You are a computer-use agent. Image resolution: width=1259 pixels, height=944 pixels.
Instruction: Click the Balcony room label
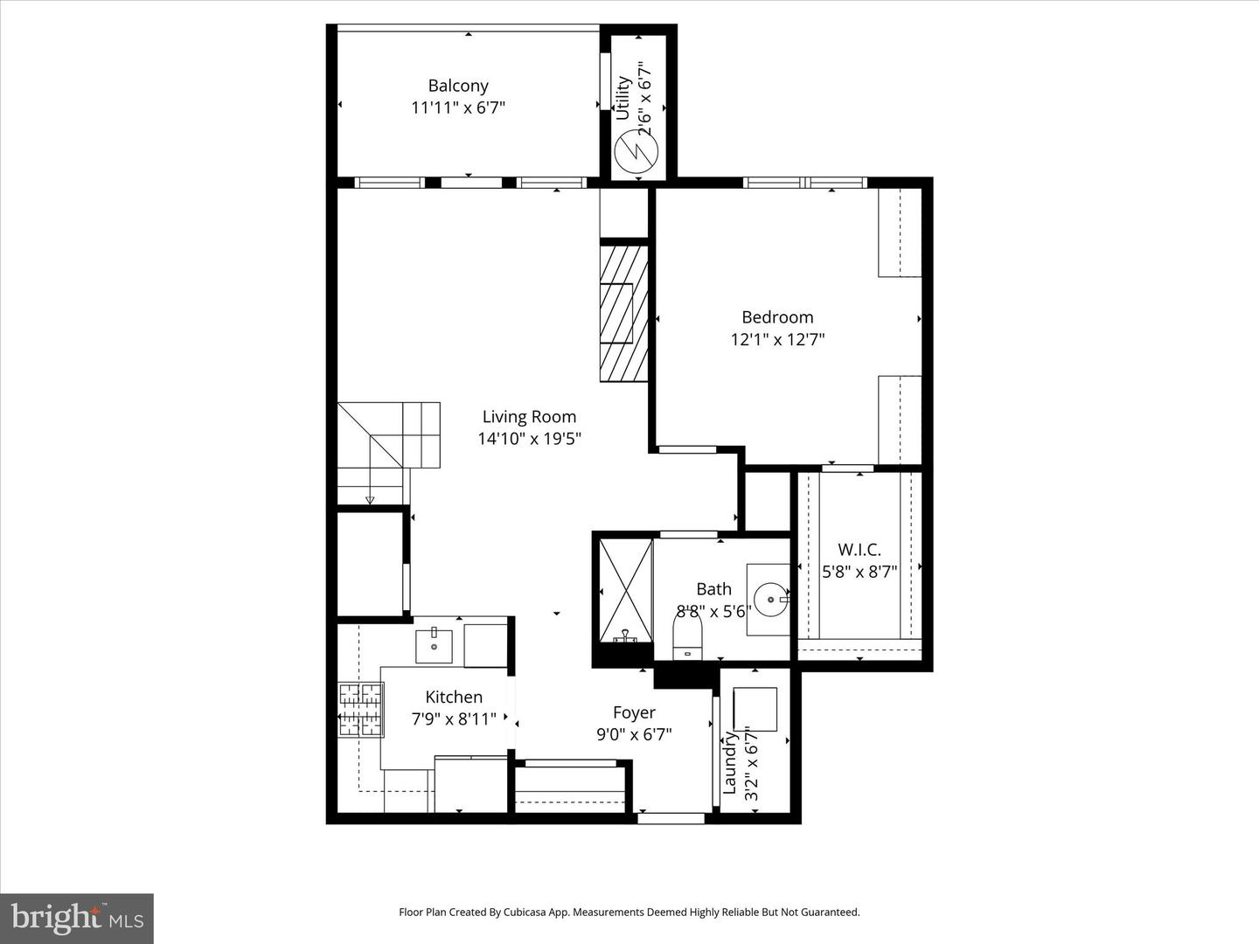[x=457, y=86]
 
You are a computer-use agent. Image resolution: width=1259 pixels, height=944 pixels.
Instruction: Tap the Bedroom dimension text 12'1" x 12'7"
[x=777, y=339]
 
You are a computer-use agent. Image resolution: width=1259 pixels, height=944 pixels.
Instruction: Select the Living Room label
[x=529, y=417]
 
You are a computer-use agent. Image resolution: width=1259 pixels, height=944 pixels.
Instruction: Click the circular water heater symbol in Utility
[x=636, y=152]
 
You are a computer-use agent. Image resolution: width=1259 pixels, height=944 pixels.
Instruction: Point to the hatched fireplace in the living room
[x=623, y=313]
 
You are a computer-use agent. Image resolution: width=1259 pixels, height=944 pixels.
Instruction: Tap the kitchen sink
[x=435, y=645]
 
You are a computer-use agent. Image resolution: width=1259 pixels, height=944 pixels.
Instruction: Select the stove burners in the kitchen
[x=360, y=709]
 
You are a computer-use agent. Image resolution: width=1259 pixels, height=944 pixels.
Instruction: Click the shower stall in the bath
[x=625, y=592]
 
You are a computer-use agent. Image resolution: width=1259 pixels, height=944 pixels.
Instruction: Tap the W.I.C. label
[x=859, y=550]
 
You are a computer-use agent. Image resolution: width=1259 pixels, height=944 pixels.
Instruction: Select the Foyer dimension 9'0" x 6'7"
[x=634, y=735]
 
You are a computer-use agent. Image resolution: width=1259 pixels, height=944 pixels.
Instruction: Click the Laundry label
[x=729, y=764]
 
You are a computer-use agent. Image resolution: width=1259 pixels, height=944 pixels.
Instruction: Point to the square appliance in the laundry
[x=755, y=709]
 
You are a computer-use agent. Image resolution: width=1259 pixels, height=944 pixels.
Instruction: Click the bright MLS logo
[x=77, y=918]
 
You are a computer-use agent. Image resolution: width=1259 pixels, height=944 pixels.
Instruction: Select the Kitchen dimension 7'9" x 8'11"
[x=454, y=718]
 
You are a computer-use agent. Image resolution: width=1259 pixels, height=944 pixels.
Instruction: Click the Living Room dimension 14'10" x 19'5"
[x=529, y=439]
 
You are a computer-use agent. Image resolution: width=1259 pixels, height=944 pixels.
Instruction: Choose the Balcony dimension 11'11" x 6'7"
[x=458, y=108]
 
